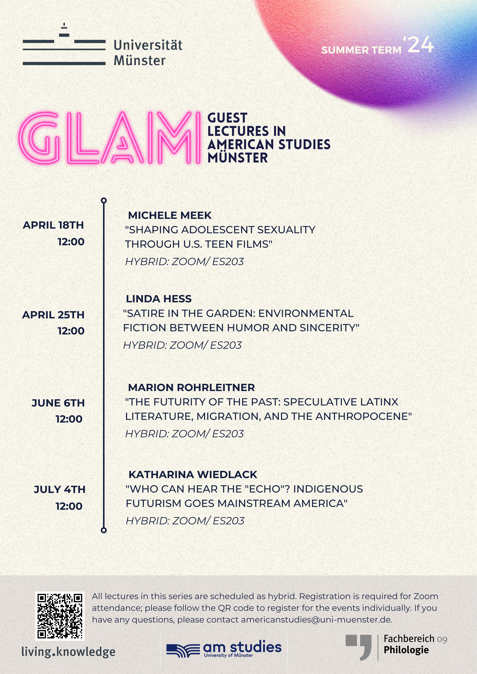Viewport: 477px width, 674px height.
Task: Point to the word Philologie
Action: pyautogui.click(x=406, y=650)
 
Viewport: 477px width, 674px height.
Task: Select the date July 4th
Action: pyautogui.click(x=60, y=489)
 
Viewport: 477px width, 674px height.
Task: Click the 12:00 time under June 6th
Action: pyautogui.click(x=69, y=419)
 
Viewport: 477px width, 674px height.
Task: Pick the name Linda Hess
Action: pyautogui.click(x=159, y=299)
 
